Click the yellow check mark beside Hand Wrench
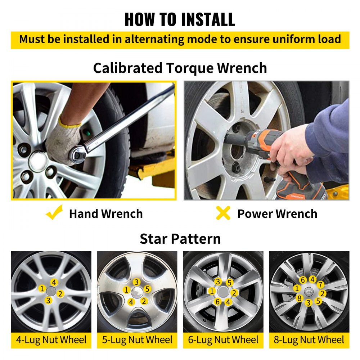(55, 212)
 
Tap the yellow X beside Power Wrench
(223, 213)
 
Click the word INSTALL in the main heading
(208, 19)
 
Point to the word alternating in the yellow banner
(158, 39)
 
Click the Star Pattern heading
(180, 239)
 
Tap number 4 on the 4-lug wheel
(54, 282)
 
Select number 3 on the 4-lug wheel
(48, 300)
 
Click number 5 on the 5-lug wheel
(147, 289)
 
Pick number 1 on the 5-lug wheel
(126, 290)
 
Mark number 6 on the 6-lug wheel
(218, 301)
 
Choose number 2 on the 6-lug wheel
(234, 293)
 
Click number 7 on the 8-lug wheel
(320, 285)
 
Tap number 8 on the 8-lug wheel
(299, 298)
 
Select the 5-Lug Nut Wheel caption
(137, 340)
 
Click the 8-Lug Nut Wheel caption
(309, 340)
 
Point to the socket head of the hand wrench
(78, 154)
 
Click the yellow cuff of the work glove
(69, 122)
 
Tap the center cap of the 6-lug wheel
(222, 292)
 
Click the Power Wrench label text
(277, 214)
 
